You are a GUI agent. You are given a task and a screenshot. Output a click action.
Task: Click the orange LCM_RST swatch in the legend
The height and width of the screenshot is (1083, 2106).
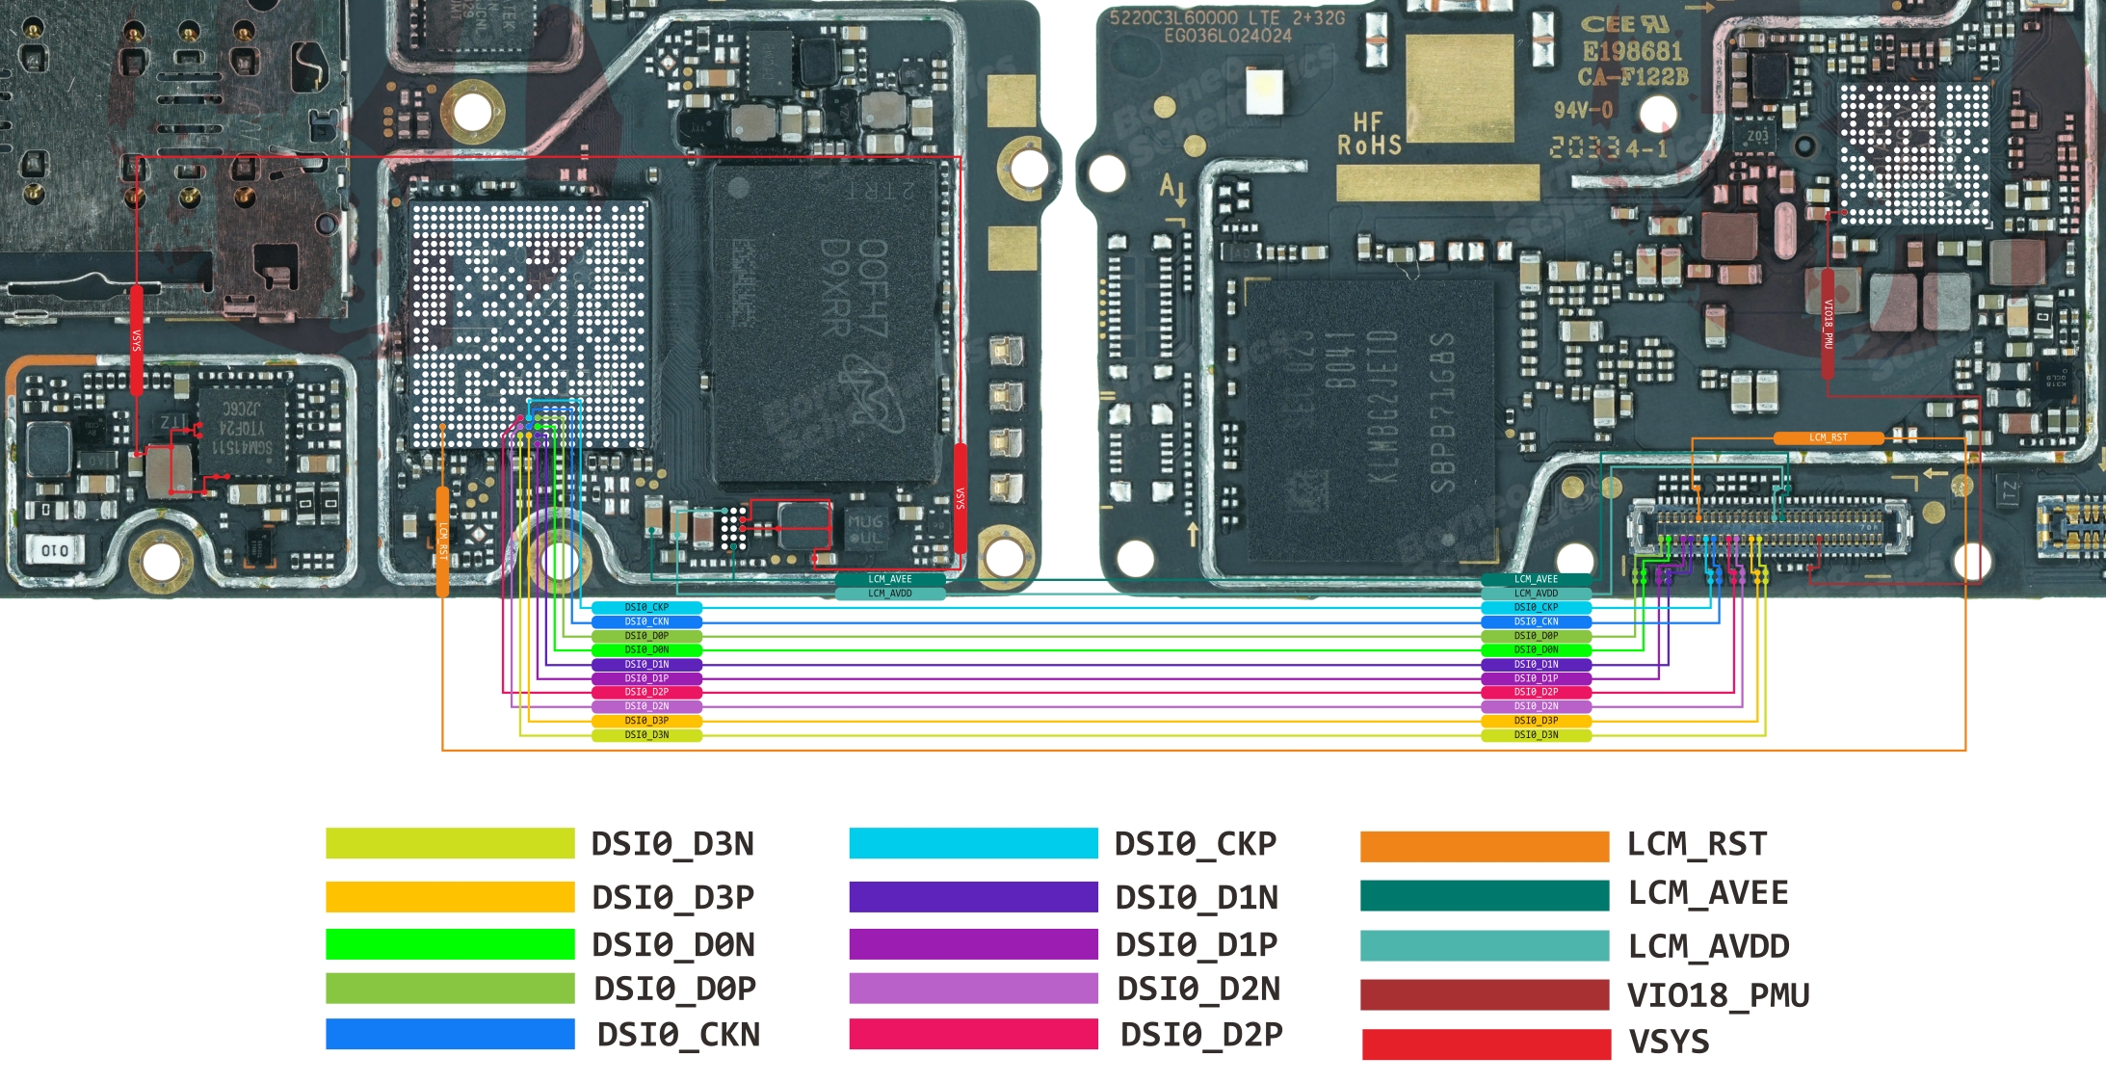pos(1484,846)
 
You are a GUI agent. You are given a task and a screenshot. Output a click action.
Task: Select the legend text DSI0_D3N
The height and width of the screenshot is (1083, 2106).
pos(672,844)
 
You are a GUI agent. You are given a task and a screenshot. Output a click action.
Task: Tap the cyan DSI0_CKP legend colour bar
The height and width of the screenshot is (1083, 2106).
pos(973,843)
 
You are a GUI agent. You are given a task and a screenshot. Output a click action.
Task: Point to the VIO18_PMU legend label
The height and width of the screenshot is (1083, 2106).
pos(1719,994)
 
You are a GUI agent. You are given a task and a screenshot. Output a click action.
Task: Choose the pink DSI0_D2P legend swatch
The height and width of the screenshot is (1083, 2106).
pos(973,1034)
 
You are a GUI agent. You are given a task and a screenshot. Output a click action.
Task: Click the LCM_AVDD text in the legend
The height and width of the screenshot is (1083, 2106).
pos(1709,946)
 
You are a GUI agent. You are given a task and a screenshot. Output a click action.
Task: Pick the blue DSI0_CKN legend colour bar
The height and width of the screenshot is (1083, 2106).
pos(450,1034)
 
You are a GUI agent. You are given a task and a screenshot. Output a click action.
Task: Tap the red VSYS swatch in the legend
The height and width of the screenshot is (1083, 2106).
pos(1486,1044)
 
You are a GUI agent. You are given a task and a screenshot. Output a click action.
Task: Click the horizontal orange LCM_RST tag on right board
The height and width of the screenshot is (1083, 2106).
pos(1828,437)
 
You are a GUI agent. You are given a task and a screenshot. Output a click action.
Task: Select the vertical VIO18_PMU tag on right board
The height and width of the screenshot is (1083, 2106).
pos(1828,323)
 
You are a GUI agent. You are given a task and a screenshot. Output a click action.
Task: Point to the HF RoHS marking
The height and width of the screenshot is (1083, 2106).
pos(1369,134)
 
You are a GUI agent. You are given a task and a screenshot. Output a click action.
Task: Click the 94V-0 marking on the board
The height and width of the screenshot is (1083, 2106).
pos(1583,110)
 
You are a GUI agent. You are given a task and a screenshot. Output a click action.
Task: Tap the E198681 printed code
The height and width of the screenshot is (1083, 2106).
pos(1632,51)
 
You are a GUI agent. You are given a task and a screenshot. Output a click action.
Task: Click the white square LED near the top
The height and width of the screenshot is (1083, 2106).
pos(1264,91)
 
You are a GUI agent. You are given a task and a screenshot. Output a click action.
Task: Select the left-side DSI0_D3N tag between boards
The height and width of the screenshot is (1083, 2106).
pos(646,735)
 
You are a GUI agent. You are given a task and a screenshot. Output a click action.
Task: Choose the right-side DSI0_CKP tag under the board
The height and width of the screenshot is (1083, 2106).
pos(1536,607)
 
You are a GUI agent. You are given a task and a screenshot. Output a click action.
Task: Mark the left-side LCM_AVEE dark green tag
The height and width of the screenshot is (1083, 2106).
pos(889,579)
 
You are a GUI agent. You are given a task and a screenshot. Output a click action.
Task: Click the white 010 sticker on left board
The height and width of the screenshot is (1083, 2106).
pos(55,550)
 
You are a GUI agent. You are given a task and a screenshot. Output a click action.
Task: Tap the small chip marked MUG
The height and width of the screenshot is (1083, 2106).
pos(864,528)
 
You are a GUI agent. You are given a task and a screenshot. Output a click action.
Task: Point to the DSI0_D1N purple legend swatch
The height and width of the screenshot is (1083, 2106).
pos(973,897)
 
